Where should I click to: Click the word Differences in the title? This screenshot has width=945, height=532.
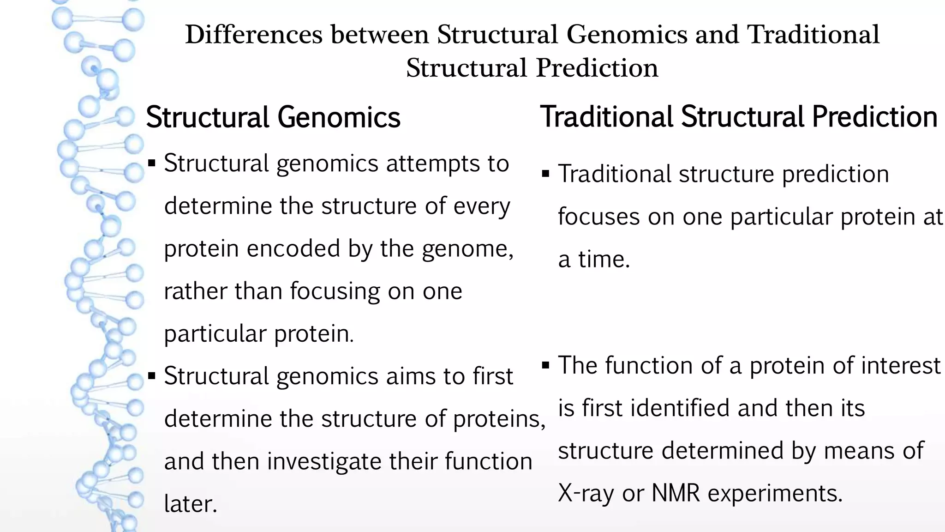(x=253, y=35)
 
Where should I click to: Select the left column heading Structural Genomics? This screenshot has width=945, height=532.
(x=273, y=117)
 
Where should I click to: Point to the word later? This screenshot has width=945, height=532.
(x=190, y=504)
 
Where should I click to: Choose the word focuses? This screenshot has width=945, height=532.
(x=598, y=217)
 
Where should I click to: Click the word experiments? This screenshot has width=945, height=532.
(x=775, y=493)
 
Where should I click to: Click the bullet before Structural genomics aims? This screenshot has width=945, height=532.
(x=152, y=376)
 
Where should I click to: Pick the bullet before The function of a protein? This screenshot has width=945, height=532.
(x=546, y=365)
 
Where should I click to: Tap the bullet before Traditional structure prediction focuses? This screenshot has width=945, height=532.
(x=546, y=174)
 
